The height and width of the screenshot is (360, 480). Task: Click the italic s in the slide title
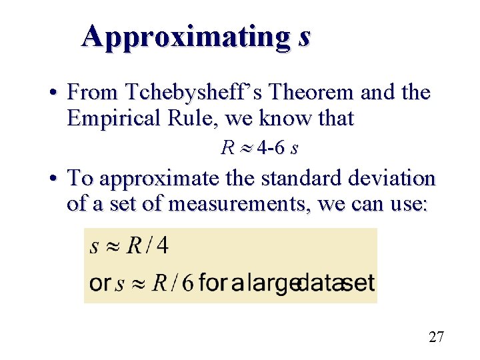click(304, 37)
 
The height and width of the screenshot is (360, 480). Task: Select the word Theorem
click(311, 93)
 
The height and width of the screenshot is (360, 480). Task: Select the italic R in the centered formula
click(227, 147)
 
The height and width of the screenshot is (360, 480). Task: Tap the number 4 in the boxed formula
click(162, 246)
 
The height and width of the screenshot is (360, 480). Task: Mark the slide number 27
click(436, 337)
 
